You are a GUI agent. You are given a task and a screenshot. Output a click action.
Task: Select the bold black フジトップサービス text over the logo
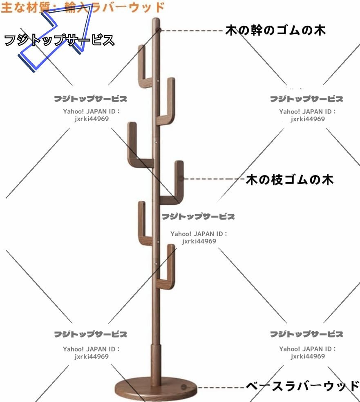(59, 41)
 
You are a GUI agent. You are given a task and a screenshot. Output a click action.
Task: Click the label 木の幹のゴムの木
(275, 30)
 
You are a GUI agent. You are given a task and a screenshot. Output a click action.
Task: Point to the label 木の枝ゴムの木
(289, 179)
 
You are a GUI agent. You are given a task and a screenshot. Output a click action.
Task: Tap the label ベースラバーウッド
(302, 386)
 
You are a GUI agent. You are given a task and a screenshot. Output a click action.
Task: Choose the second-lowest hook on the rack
(143, 224)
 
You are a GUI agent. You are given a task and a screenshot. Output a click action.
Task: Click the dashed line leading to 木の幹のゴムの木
(192, 30)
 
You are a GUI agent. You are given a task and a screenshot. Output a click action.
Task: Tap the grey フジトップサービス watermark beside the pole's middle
(198, 216)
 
